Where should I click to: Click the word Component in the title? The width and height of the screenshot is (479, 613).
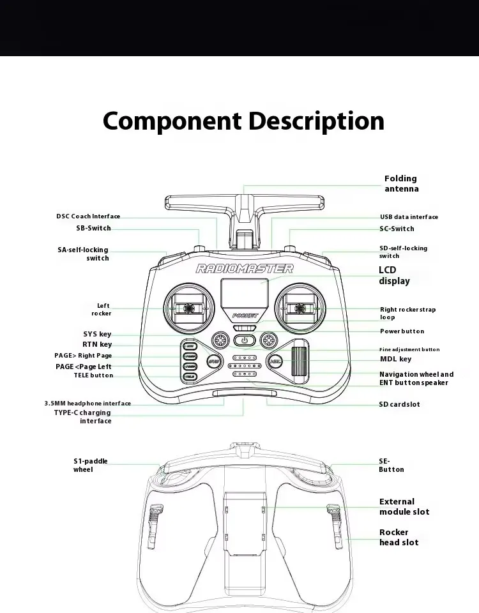[x=171, y=121]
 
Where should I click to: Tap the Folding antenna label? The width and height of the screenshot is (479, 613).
[x=401, y=184]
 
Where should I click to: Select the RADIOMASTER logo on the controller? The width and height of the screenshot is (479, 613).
[x=245, y=269]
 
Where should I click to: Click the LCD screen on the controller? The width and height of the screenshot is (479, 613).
[x=245, y=294]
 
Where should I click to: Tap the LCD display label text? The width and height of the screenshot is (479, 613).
[x=394, y=276]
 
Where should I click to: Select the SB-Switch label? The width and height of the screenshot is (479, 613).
[x=93, y=228]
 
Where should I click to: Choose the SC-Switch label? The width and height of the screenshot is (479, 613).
[x=397, y=229]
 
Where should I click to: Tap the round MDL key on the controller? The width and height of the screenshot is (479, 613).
[x=276, y=361]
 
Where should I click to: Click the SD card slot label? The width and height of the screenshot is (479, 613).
[x=399, y=404]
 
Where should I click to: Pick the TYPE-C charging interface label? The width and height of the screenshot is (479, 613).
[x=82, y=416]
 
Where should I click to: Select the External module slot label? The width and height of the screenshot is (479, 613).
[x=404, y=507]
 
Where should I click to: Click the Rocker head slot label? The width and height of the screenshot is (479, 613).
[x=399, y=537]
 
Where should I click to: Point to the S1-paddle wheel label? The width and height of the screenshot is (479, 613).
[x=90, y=465]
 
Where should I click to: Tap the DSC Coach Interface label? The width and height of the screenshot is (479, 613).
[x=87, y=216]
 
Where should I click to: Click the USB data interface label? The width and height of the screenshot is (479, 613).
[x=409, y=217]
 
